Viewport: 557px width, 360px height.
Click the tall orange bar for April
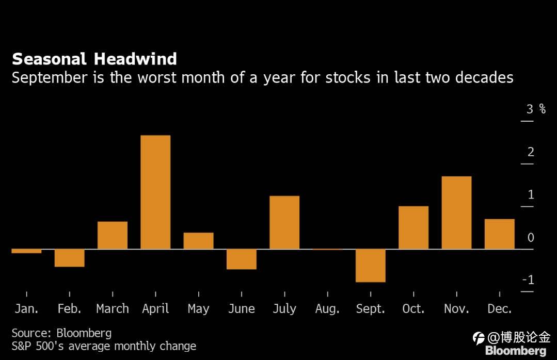coord(155,192)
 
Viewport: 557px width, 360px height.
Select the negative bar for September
coord(371,265)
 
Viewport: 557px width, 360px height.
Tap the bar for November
coord(456,212)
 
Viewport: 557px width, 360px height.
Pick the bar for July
coord(284,222)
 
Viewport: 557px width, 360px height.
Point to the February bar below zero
coord(70,258)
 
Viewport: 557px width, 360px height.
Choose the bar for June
coord(242,259)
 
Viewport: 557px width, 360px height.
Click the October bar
coord(413,227)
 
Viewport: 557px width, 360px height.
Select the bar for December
coord(499,234)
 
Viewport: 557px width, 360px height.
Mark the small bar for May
coord(198,241)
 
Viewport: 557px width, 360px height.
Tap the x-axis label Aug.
coord(327,309)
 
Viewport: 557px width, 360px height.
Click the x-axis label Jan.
coord(26,309)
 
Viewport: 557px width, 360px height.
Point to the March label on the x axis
coord(113,309)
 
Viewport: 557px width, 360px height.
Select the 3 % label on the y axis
coord(535,109)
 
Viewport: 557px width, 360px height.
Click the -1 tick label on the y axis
coord(528,280)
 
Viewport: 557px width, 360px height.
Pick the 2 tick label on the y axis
coord(531,152)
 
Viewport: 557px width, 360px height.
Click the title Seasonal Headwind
coord(94,59)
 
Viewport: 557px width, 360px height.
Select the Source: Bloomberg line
coord(61,333)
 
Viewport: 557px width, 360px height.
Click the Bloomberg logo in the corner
coord(515,351)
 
